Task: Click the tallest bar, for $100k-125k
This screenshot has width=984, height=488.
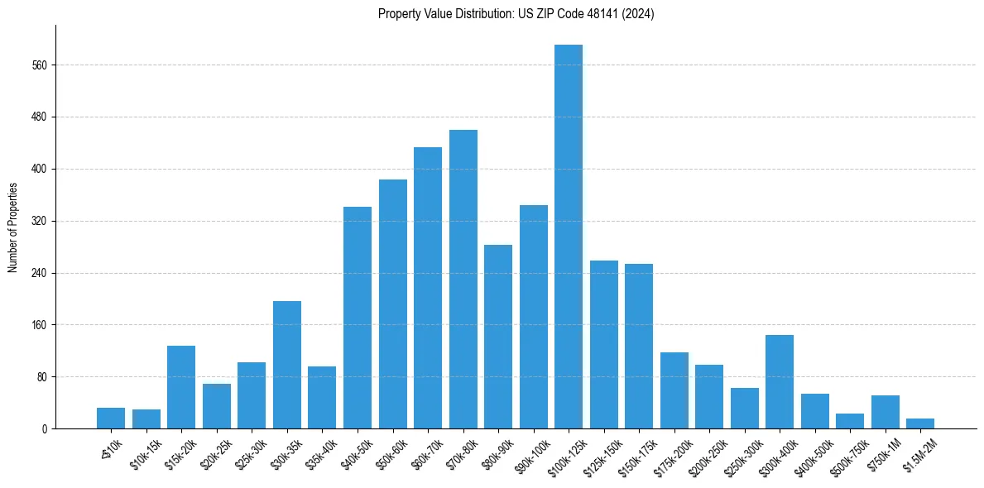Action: click(x=569, y=237)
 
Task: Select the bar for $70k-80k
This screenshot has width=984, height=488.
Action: click(x=463, y=280)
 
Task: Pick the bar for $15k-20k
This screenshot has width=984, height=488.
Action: click(x=181, y=387)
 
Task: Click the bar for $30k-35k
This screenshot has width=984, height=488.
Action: click(x=286, y=365)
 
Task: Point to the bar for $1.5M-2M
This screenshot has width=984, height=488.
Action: click(x=920, y=423)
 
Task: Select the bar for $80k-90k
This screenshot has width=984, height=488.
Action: click(x=498, y=337)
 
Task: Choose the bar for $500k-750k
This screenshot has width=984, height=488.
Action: click(x=850, y=421)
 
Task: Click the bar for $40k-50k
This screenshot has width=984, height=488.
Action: click(x=357, y=318)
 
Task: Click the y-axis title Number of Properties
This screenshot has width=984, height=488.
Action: click(x=13, y=227)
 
